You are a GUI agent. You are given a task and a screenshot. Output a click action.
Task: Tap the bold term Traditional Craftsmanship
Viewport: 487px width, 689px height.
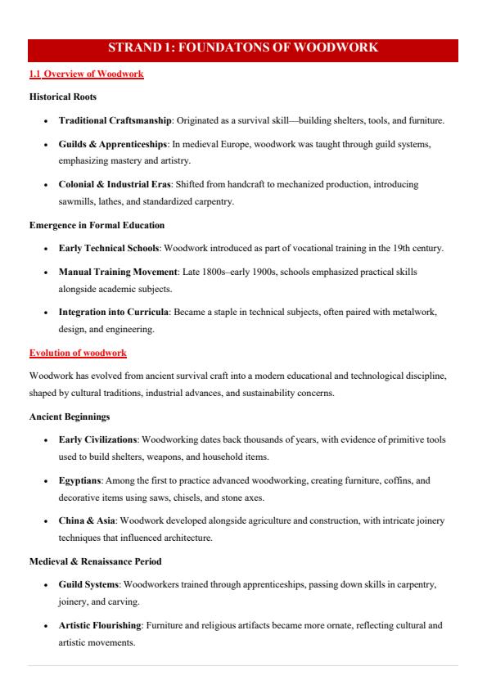coord(115,121)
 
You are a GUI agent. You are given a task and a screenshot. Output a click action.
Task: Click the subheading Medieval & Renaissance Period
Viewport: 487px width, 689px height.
coord(95,562)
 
